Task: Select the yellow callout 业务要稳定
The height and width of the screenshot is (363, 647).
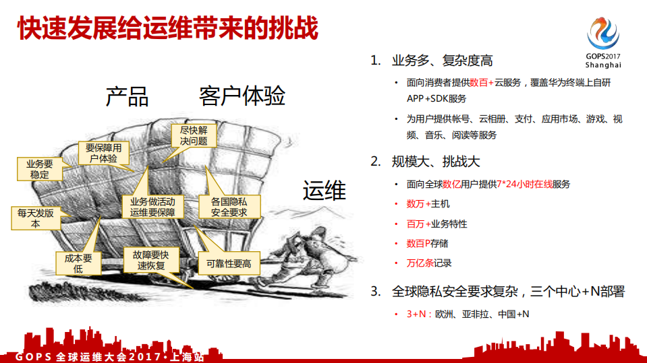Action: tap(39, 169)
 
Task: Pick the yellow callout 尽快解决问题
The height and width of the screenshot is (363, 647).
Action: tap(193, 135)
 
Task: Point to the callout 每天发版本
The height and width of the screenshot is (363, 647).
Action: tap(36, 218)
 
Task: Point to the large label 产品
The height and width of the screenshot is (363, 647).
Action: tap(127, 96)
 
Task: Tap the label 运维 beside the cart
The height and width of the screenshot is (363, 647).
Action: tap(324, 191)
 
